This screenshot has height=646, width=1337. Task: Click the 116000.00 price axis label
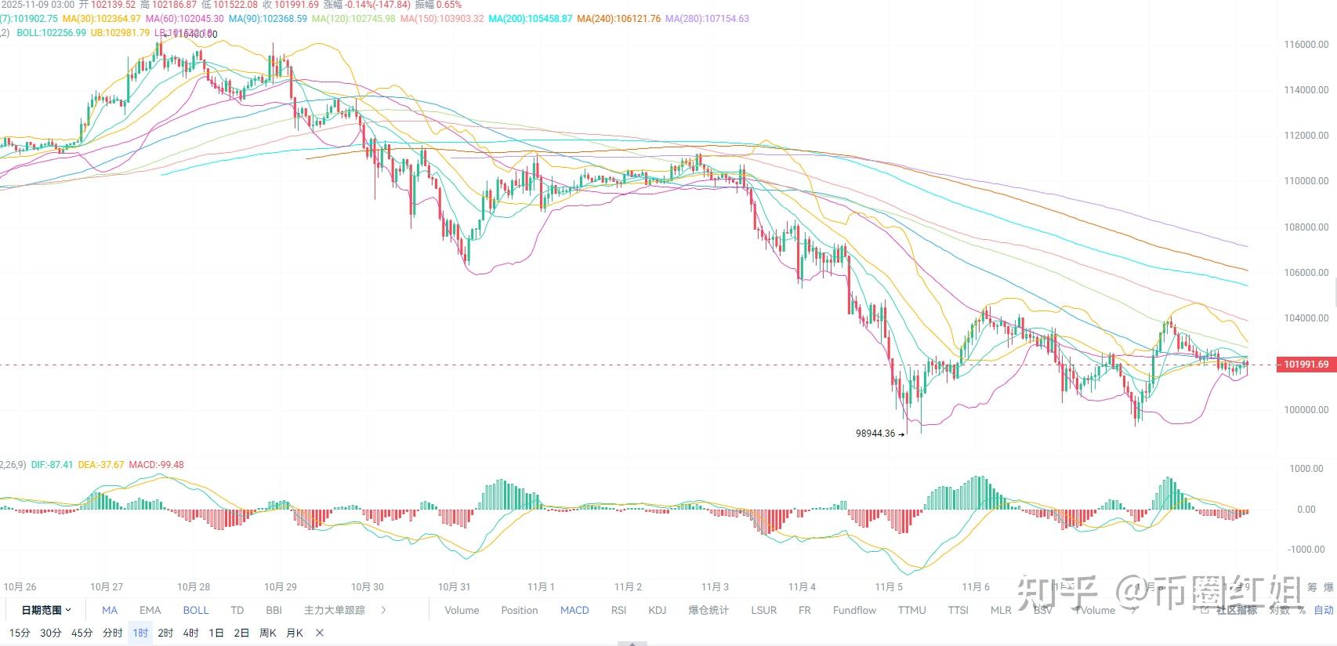[x=1306, y=45]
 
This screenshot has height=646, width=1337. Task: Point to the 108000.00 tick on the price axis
[x=1306, y=227]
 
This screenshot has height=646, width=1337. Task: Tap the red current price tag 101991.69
[x=1306, y=365]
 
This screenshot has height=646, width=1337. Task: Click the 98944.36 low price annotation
[x=875, y=434]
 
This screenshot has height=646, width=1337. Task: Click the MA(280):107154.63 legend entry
[x=707, y=18]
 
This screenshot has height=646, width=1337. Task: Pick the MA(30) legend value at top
[x=102, y=18]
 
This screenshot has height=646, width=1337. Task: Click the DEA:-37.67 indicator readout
[x=101, y=465]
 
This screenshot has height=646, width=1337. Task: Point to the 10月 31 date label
[x=454, y=586]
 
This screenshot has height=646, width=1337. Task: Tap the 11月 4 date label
[x=802, y=586]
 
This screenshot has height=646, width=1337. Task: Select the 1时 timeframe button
[x=140, y=633]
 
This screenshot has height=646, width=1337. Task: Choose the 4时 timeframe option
[x=190, y=633]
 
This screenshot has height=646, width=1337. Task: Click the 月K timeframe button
[x=295, y=633]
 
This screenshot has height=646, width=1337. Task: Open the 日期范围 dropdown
[x=46, y=610]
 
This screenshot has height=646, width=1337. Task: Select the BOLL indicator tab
[x=196, y=610]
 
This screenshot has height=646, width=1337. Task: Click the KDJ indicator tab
[x=657, y=610]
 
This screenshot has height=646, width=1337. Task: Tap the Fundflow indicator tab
[x=854, y=610]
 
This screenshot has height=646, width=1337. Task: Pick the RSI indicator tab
[x=618, y=610]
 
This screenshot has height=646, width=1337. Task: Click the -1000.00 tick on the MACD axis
[x=1306, y=550]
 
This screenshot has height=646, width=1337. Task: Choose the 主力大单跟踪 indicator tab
[x=335, y=610]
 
